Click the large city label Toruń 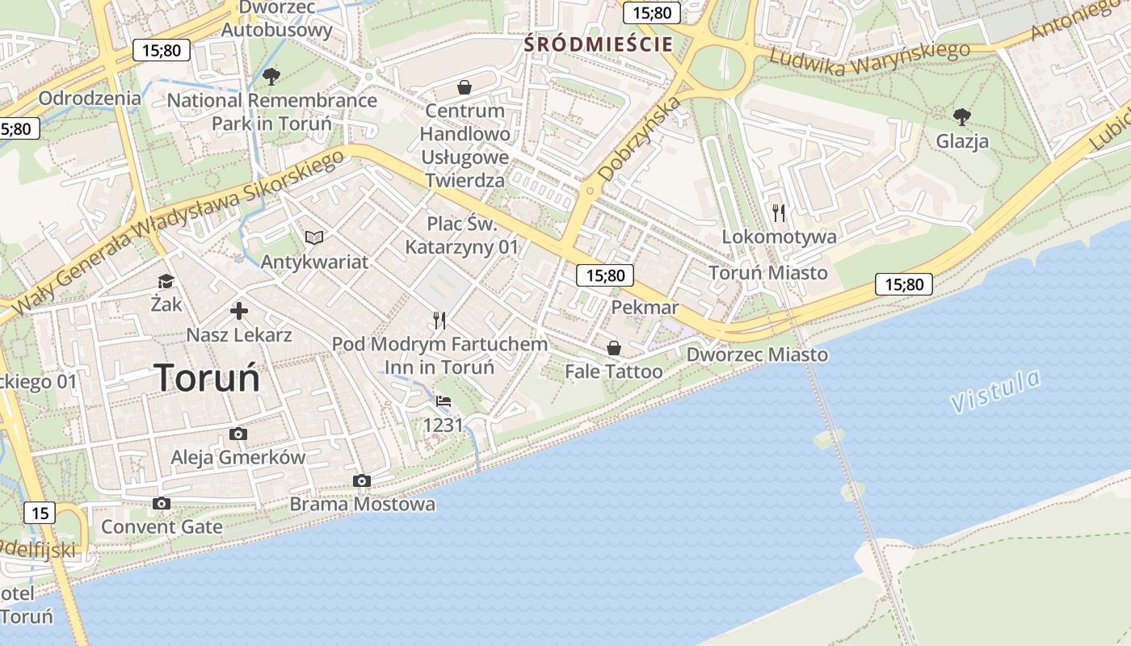207,378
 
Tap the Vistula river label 996,391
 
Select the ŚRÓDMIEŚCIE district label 598,44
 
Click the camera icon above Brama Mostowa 362,481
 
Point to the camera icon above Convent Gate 162,504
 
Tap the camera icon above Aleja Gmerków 238,434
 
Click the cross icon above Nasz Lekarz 239,311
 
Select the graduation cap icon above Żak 166,281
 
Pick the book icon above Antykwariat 314,237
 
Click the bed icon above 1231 443,401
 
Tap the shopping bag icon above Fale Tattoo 614,348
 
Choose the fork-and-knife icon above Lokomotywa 779,213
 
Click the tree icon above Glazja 961,117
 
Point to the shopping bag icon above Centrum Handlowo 465,86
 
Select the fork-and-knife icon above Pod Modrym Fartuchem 439,321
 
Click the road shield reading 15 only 40,513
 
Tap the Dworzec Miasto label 757,354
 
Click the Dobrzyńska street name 641,138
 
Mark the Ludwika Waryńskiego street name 869,59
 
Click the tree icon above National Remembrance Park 271,77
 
